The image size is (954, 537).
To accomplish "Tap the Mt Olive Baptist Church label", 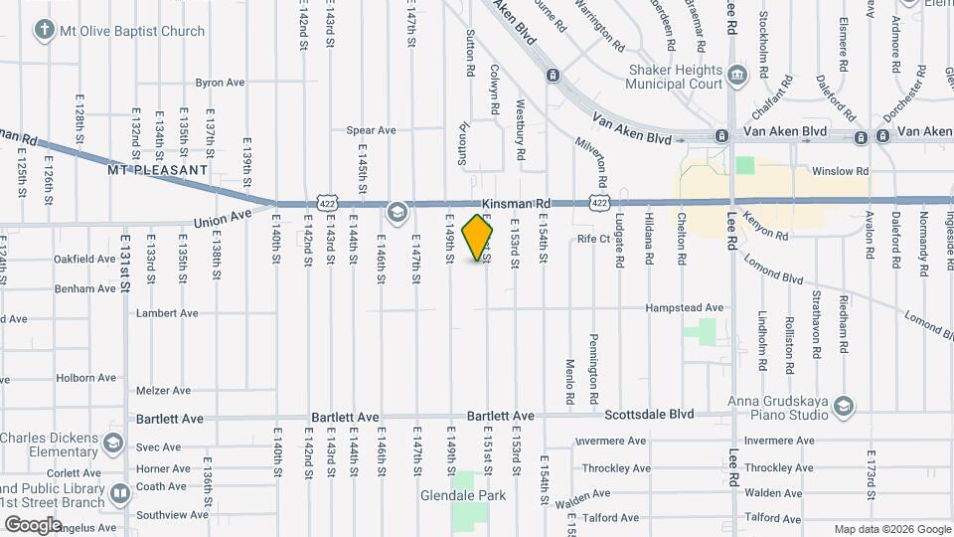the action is click(x=132, y=31).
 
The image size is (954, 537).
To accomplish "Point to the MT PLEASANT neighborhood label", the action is click(x=158, y=170).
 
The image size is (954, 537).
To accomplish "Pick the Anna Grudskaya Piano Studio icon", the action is click(x=844, y=405).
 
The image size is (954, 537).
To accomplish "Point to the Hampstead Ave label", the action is click(x=685, y=308).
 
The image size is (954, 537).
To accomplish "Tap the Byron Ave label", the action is click(x=220, y=83).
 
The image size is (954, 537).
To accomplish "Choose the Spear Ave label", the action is click(x=371, y=130).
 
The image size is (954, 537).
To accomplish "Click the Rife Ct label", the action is click(x=593, y=239).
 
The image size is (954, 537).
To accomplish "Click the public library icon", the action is click(x=120, y=493).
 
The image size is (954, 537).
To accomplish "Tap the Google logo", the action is click(x=33, y=524).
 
